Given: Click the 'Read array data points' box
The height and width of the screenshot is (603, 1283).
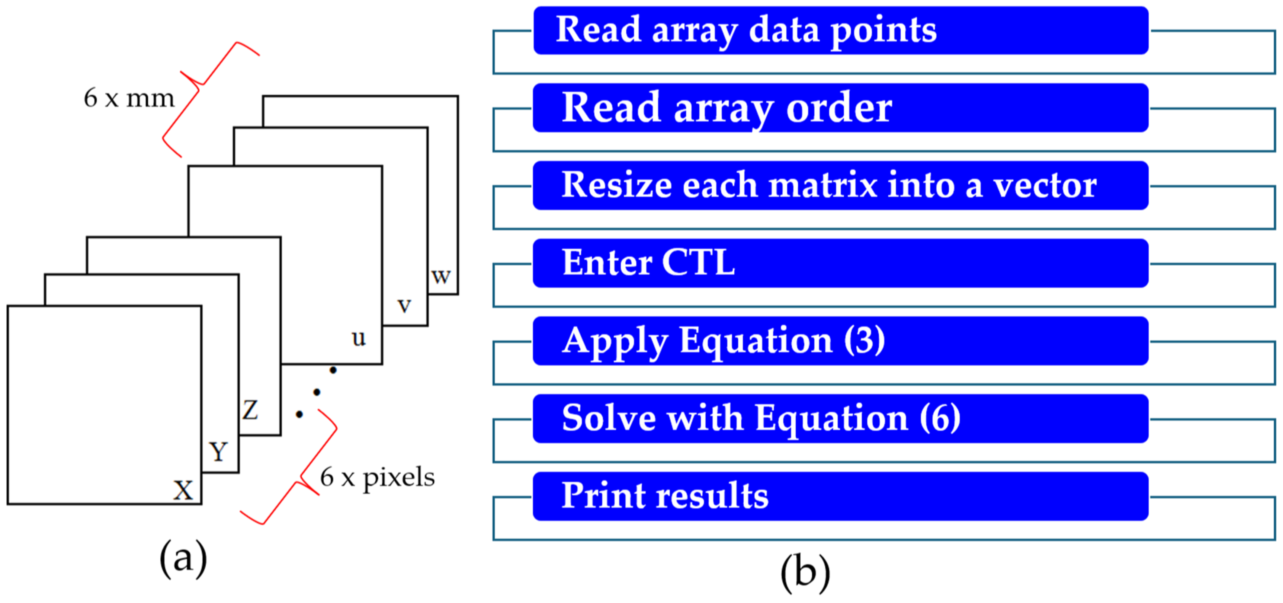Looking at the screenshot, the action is [x=841, y=30].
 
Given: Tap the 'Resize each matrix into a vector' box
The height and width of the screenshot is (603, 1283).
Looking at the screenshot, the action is [x=841, y=185].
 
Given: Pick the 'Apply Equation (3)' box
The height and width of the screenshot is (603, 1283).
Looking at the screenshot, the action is [x=841, y=341].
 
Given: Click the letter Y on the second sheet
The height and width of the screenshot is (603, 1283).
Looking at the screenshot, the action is [x=218, y=451].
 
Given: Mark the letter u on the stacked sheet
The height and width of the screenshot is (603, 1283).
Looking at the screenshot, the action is [x=359, y=338].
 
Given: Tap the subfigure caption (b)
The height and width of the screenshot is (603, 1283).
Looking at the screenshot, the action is [x=805, y=573].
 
